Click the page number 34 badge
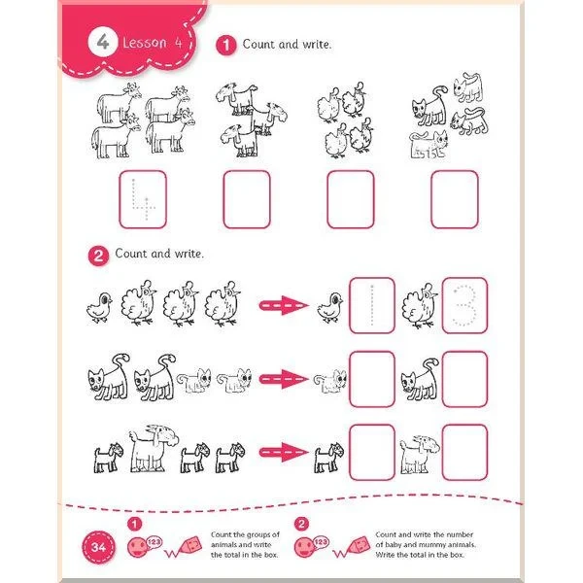tap(98, 547)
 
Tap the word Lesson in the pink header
tap(145, 43)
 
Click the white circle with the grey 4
tap(103, 42)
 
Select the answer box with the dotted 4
tap(143, 199)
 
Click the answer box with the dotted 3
tap(464, 305)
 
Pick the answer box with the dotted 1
tap(372, 305)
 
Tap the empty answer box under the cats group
tap(455, 199)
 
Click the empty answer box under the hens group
tap(351, 199)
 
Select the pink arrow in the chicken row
tap(284, 305)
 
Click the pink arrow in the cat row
tap(284, 379)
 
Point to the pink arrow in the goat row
tap(284, 452)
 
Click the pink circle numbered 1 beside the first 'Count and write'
tap(226, 46)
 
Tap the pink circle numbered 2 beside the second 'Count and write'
tap(98, 256)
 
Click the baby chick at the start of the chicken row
tap(100, 307)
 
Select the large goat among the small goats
tap(154, 448)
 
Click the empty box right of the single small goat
tap(372, 452)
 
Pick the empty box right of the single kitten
tap(372, 379)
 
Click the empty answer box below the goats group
tap(247, 199)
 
